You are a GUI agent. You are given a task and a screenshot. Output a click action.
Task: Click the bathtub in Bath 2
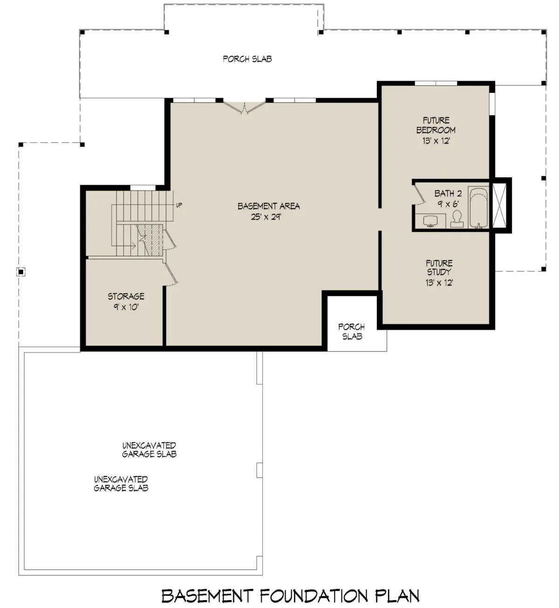pos(478,207)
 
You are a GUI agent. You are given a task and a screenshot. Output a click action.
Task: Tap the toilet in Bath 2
pos(457,219)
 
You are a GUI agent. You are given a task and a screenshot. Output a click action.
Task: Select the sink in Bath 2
pos(429,221)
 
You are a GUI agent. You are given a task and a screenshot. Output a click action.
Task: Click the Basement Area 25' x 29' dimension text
pos(266,217)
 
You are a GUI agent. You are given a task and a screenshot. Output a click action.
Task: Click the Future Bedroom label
pos(436,125)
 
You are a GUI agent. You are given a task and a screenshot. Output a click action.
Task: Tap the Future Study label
pos(439,267)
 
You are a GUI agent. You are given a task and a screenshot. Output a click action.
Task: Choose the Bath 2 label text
pos(448,193)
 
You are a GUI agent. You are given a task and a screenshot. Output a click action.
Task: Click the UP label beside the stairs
pos(179,205)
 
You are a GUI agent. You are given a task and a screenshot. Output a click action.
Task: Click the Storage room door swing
pos(171,274)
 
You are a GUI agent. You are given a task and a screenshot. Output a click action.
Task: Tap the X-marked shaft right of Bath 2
pos(499,205)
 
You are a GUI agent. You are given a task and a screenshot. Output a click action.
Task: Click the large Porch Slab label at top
pos(247,59)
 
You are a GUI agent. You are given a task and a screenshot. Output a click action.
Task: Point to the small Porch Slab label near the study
pos(352,332)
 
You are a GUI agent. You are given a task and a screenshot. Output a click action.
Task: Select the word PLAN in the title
pos(398,596)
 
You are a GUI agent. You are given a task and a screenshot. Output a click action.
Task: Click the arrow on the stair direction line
pos(133,246)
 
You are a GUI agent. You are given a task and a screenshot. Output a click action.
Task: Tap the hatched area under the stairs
pos(150,240)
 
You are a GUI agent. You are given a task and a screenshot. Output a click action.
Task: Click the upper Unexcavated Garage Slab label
pos(149,450)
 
